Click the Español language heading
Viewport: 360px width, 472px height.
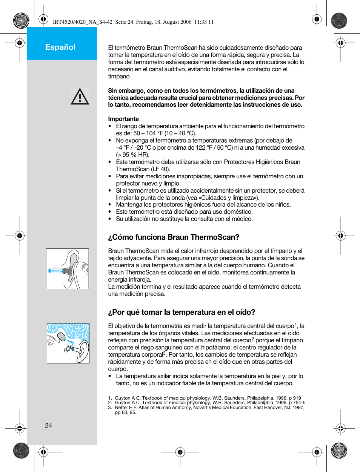[x=60, y=47]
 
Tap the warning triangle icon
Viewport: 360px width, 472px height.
[x=80, y=97]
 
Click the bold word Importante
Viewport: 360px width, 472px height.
[x=123, y=119]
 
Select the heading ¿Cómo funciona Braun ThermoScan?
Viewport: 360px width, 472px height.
[x=174, y=237]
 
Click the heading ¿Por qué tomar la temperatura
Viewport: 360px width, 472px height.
[x=182, y=312]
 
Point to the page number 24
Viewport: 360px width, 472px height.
[x=49, y=425]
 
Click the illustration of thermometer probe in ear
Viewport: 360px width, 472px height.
[x=68, y=269]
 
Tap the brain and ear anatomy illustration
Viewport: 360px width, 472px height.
[x=68, y=343]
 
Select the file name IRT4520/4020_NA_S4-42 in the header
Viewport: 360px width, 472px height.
[x=83, y=22]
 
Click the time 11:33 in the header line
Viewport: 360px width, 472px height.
[x=200, y=22]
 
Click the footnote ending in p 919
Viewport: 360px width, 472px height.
[x=208, y=398]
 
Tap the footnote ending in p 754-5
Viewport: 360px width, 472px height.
[x=210, y=403]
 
